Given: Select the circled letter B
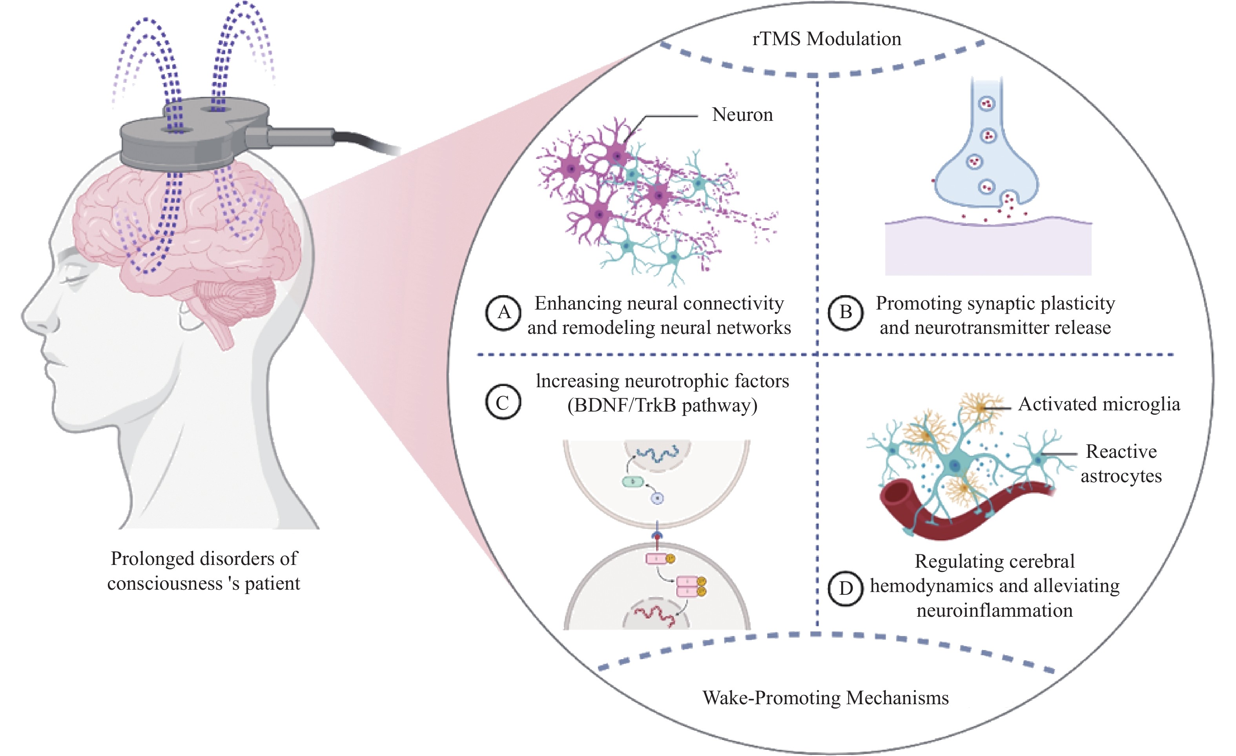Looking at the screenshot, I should pyautogui.click(x=846, y=313).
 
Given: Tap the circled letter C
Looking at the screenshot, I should pyautogui.click(x=503, y=403).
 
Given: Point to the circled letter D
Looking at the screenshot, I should pyautogui.click(x=846, y=588).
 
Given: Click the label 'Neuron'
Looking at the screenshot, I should pyautogui.click(x=742, y=115).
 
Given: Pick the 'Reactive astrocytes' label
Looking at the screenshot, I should pyautogui.click(x=1121, y=464).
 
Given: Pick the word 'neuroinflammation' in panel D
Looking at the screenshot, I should pyautogui.click(x=994, y=610).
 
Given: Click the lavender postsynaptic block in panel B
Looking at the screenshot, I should pyautogui.click(x=988, y=251).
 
